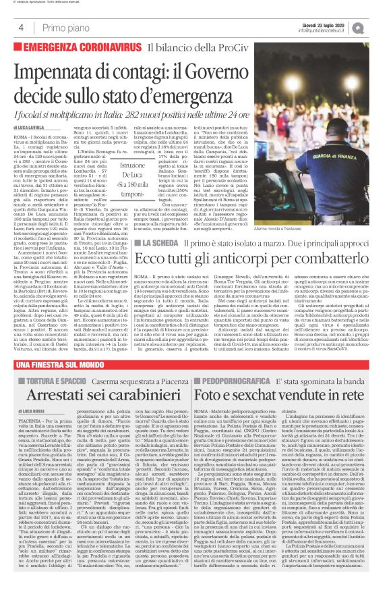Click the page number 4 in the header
click(x=21, y=28)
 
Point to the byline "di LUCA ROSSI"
click(x=28, y=430)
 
